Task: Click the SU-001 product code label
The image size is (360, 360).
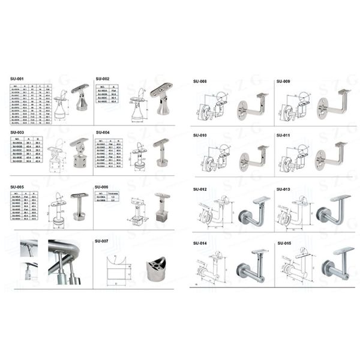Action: click(x=17, y=79)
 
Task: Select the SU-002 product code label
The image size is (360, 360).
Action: click(x=102, y=79)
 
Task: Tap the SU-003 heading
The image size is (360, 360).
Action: click(x=17, y=132)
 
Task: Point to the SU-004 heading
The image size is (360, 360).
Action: click(x=102, y=132)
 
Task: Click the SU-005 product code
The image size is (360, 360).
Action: click(x=17, y=187)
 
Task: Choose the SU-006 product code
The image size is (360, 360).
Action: click(x=102, y=187)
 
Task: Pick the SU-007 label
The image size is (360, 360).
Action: click(x=102, y=241)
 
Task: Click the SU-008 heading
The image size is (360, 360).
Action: click(x=200, y=81)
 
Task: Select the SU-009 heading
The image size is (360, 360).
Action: click(x=283, y=81)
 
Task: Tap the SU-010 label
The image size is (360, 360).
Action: click(x=200, y=136)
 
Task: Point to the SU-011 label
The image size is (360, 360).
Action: click(x=283, y=136)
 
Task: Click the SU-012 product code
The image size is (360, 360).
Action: click(x=200, y=190)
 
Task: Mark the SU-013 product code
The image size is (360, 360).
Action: click(x=283, y=190)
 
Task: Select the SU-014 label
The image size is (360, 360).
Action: click(x=200, y=243)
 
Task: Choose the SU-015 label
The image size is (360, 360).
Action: click(x=283, y=243)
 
